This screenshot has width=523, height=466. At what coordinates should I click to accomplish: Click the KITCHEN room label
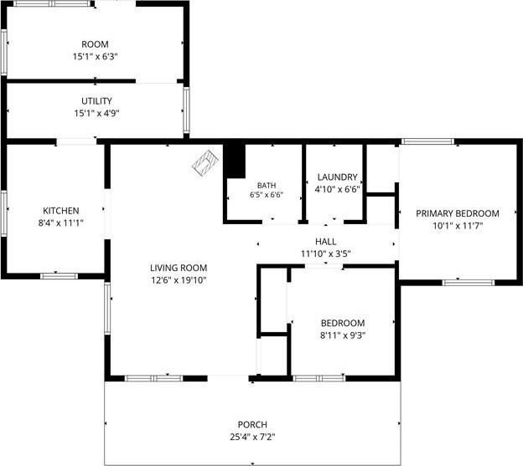click(61, 211)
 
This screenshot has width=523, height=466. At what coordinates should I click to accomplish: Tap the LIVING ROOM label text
click(179, 268)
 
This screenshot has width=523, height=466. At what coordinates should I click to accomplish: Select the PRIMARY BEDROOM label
click(458, 213)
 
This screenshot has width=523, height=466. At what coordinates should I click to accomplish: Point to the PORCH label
click(252, 425)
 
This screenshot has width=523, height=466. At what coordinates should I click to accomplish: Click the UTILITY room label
click(96, 101)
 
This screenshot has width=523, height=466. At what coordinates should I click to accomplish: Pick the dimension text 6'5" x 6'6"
click(267, 195)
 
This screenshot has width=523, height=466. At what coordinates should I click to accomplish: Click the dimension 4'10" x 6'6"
click(338, 189)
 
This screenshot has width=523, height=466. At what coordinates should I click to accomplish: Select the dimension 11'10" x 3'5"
click(326, 254)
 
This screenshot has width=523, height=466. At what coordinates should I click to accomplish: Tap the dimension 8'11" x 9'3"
click(343, 335)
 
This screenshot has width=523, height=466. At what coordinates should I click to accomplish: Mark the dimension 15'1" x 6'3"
click(96, 57)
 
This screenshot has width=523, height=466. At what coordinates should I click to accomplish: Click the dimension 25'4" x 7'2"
click(252, 437)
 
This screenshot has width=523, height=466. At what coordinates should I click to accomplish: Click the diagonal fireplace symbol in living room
click(205, 163)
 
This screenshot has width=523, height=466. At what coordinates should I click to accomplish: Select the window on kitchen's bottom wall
click(59, 276)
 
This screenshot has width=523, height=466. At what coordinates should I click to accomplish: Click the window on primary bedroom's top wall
click(427, 141)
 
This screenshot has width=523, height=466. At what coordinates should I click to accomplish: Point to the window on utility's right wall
click(186, 110)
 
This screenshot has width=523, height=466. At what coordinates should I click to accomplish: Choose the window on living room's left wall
click(107, 308)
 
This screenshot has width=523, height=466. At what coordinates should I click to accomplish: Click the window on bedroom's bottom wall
click(319, 378)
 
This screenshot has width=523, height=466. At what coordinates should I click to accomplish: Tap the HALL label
click(326, 242)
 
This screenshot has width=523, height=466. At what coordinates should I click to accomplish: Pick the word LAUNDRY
click(338, 177)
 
